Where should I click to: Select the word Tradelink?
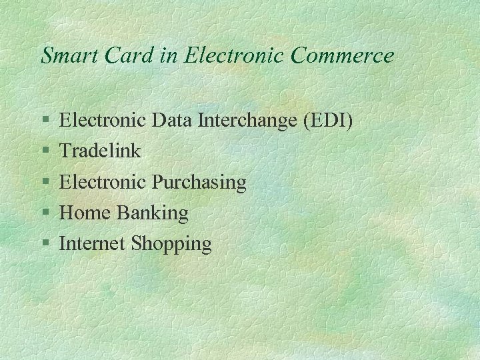100,151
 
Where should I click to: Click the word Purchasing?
199,182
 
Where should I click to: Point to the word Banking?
153,213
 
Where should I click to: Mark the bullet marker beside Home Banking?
45,213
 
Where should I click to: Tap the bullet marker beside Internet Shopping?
45,244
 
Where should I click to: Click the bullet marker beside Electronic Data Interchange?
45,121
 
